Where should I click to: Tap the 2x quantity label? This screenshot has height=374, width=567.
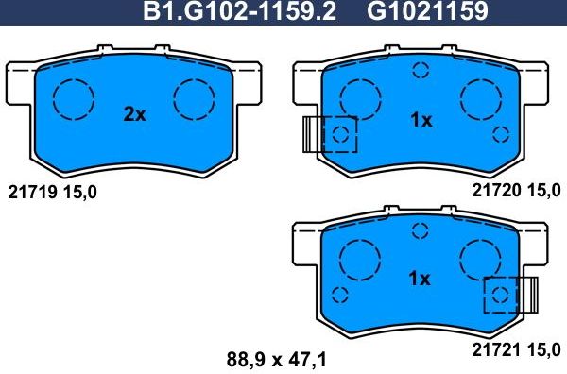click(x=135, y=115)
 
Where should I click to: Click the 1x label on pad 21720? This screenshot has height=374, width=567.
click(x=421, y=120)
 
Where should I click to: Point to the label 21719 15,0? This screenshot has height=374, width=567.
click(x=52, y=193)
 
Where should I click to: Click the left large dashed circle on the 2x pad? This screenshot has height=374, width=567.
click(x=73, y=97)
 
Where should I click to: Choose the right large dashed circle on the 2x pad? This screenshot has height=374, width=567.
click(x=197, y=97)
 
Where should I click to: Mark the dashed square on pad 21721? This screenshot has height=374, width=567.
click(x=500, y=295)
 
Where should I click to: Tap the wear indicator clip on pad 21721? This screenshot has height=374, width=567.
click(x=529, y=295)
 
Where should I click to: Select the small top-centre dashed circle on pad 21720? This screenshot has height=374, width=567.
click(x=421, y=69)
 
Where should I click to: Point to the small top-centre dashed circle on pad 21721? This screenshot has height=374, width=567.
click(x=421, y=229)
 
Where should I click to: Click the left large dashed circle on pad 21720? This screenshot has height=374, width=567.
click(x=359, y=97)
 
